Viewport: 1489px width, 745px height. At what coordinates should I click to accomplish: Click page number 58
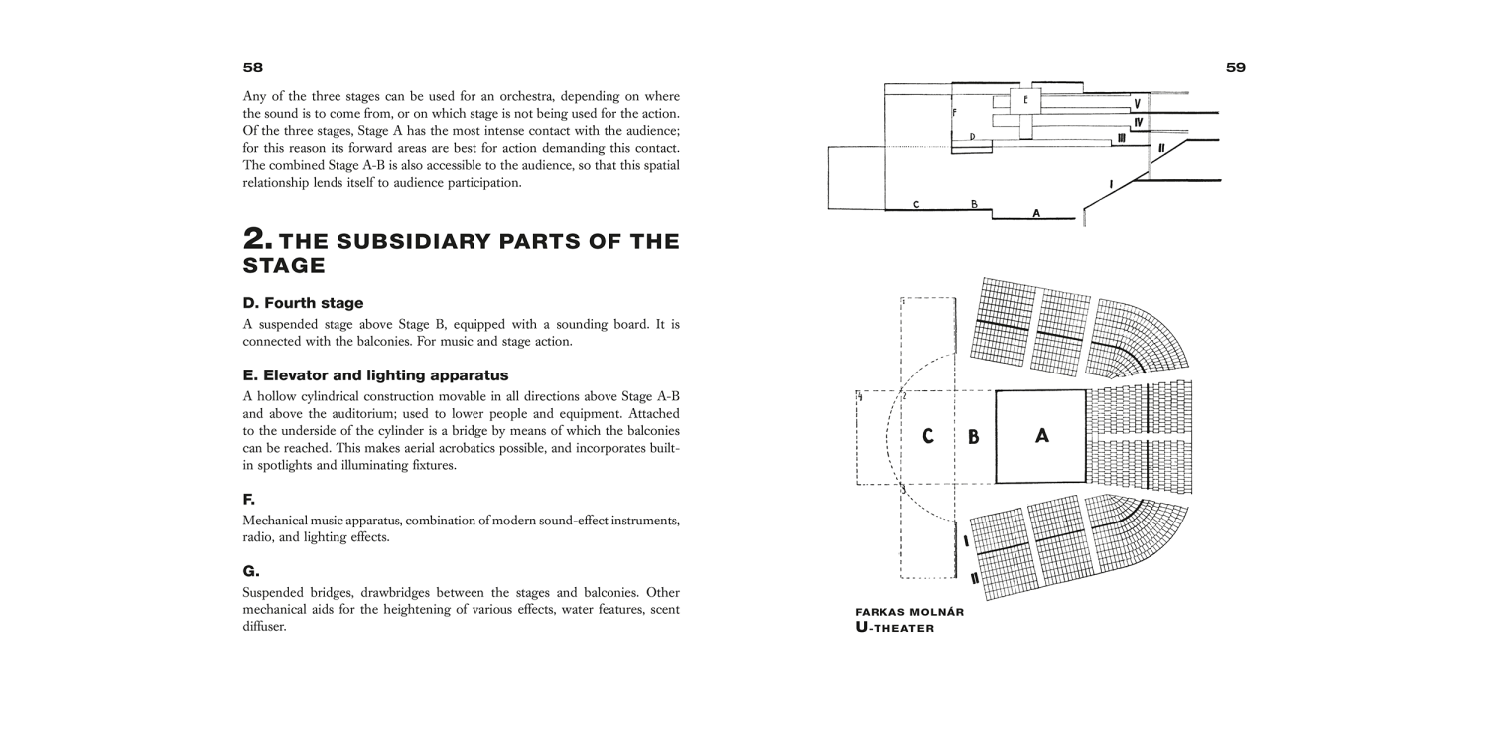pyautogui.click(x=253, y=68)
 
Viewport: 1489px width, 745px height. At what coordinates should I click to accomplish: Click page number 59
pyautogui.click(x=1235, y=68)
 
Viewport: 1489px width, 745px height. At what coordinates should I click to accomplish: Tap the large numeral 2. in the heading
pyautogui.click(x=258, y=240)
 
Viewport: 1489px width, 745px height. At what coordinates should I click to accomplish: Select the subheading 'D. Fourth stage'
pyautogui.click(x=303, y=303)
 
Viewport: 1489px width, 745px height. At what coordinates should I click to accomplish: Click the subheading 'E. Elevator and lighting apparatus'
pyautogui.click(x=375, y=375)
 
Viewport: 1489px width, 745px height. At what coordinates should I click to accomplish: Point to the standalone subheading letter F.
pyautogui.click(x=249, y=499)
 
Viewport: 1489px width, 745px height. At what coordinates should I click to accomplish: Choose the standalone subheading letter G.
pyautogui.click(x=250, y=571)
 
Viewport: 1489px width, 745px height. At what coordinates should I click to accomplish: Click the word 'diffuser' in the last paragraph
pyautogui.click(x=264, y=627)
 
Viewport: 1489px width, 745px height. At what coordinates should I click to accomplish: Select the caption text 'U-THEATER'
pyautogui.click(x=894, y=628)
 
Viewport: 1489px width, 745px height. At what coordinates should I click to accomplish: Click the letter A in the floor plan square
pyautogui.click(x=1041, y=436)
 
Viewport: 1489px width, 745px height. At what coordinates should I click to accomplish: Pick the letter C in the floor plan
pyautogui.click(x=927, y=436)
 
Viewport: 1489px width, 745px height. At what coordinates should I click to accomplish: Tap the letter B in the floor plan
pyautogui.click(x=974, y=437)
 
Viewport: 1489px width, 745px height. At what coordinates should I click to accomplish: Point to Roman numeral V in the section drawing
pyautogui.click(x=1138, y=103)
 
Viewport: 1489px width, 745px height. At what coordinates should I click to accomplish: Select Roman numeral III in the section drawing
pyautogui.click(x=1121, y=139)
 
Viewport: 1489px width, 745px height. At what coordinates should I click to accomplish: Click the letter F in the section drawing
pyautogui.click(x=954, y=113)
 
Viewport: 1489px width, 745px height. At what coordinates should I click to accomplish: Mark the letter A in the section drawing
pyautogui.click(x=1036, y=213)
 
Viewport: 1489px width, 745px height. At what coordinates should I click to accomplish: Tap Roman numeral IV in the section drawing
pyautogui.click(x=1139, y=122)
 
